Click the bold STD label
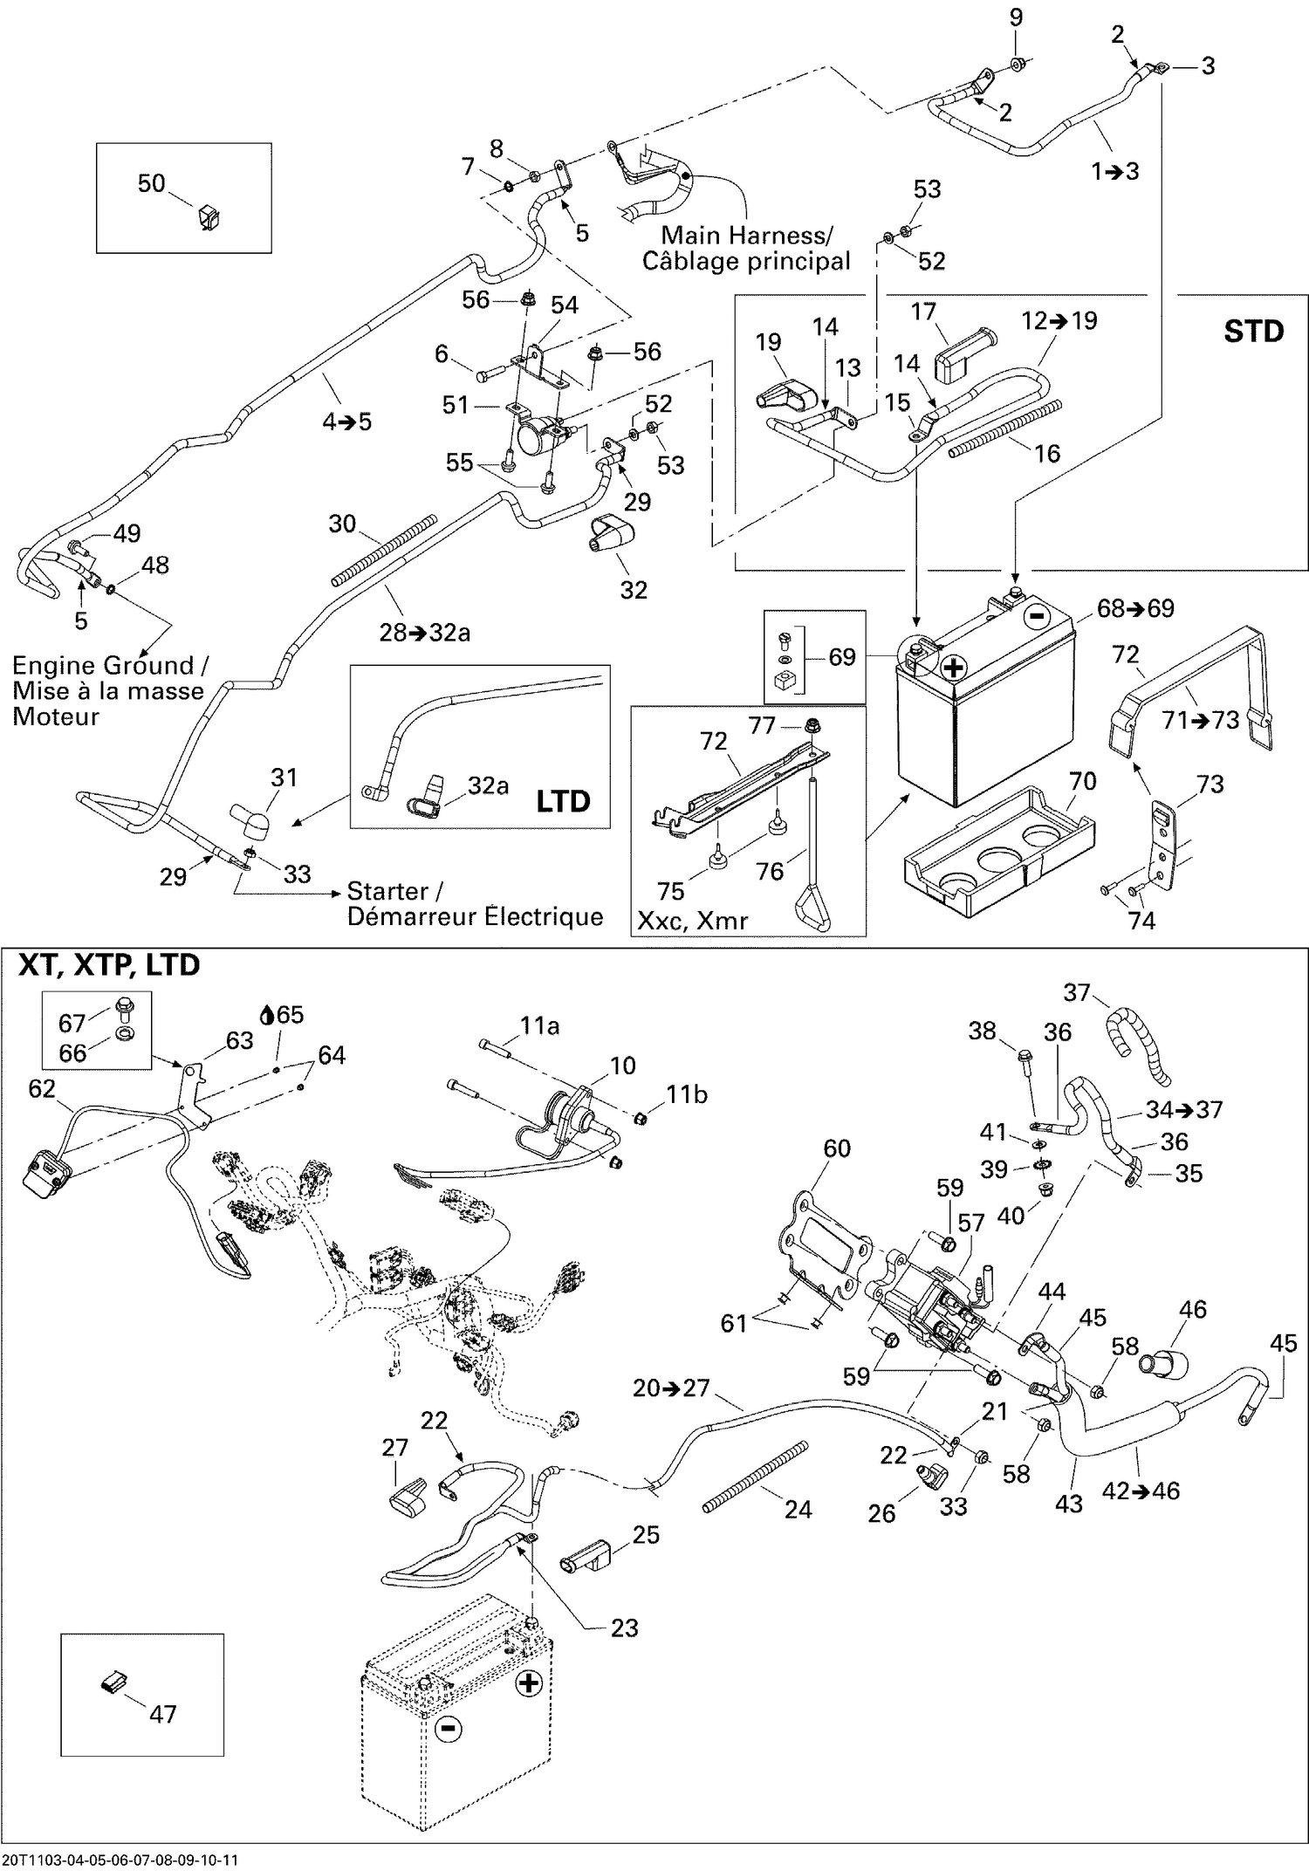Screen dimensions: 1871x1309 click(x=1253, y=332)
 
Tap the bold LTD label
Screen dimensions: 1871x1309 click(x=563, y=801)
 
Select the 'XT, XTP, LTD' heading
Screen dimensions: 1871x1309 click(x=109, y=965)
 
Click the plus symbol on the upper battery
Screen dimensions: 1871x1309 click(x=954, y=668)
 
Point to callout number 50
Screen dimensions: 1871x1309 click(x=151, y=183)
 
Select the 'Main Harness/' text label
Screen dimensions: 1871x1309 click(x=746, y=235)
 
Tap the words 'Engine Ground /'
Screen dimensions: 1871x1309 click(x=110, y=666)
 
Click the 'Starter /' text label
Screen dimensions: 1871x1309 click(x=394, y=891)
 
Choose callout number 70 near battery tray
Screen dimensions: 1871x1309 click(x=1082, y=781)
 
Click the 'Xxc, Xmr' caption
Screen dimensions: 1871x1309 click(x=692, y=921)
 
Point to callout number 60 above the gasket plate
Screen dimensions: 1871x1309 click(x=836, y=1148)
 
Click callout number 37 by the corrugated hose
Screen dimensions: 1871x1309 click(x=1077, y=992)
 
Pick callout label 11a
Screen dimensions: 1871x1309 click(x=539, y=1026)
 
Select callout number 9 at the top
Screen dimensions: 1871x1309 click(x=1016, y=17)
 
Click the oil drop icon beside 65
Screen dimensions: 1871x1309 click(x=268, y=1015)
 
